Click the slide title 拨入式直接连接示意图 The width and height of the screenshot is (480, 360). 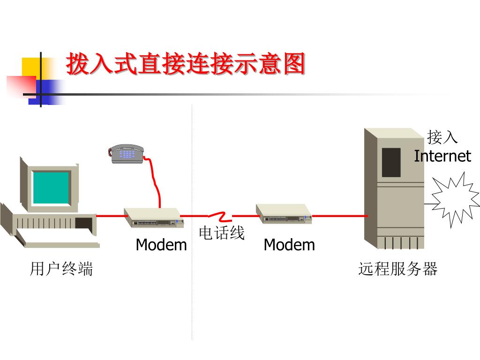pos(185,64)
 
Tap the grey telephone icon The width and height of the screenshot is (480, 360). pos(126,153)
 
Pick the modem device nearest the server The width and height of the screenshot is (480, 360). pos(283,214)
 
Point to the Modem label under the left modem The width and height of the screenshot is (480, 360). pos(161,245)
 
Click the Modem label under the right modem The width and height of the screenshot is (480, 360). pos(289,245)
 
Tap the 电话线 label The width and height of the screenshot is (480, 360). pos(222,233)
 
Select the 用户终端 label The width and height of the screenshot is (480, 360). pos(61,269)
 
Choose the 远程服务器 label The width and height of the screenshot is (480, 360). pos(397,269)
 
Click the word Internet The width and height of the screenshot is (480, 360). pos(442,156)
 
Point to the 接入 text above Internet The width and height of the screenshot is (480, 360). pos(442,137)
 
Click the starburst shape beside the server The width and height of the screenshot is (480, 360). pos(454,199)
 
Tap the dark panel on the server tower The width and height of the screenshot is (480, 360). pos(391,162)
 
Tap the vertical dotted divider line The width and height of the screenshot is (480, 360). pos(192,291)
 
